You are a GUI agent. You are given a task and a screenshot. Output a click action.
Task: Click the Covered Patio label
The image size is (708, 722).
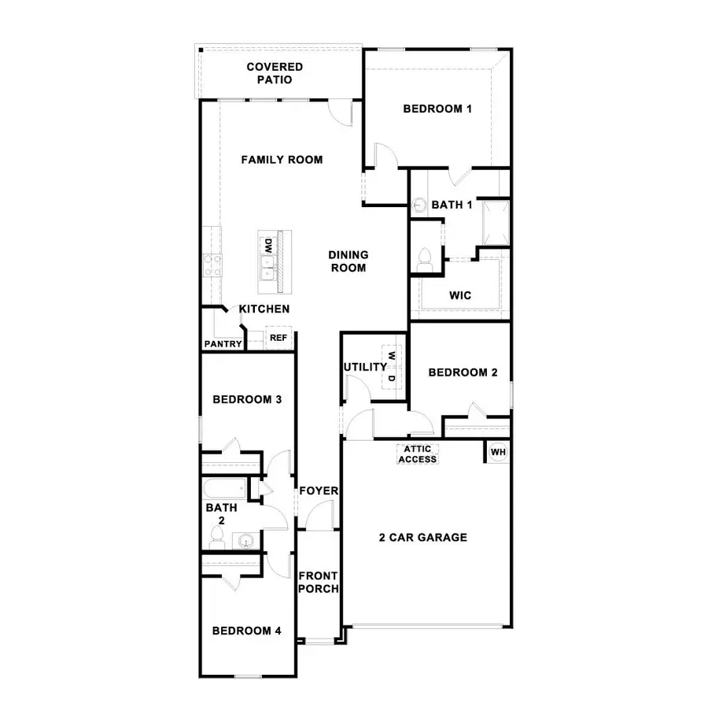pyautogui.click(x=274, y=73)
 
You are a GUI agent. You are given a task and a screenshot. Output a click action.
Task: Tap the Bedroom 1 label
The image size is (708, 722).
pyautogui.click(x=437, y=109)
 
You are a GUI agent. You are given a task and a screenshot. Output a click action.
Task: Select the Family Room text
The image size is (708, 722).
pyautogui.click(x=282, y=160)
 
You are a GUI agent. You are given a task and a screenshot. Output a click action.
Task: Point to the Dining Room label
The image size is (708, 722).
pyautogui.click(x=348, y=261)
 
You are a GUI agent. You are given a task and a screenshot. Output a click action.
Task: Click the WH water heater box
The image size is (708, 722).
pyautogui.click(x=497, y=452)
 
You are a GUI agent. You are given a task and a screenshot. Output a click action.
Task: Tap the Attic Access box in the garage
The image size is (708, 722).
pyautogui.click(x=417, y=454)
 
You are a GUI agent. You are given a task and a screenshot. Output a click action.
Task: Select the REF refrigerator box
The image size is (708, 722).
pyautogui.click(x=278, y=338)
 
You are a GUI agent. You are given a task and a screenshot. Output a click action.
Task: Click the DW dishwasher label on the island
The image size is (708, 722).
pyautogui.click(x=267, y=246)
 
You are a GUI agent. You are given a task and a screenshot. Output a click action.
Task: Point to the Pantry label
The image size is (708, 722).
pyautogui.click(x=223, y=344)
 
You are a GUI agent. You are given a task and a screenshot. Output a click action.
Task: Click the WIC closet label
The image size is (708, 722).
pyautogui.click(x=460, y=295)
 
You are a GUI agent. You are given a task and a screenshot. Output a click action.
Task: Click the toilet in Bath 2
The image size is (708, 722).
pyautogui.click(x=217, y=539)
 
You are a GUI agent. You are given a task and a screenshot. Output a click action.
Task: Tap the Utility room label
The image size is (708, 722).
pyautogui.click(x=365, y=367)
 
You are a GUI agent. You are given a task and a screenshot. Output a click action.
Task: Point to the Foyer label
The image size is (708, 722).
pyautogui.click(x=318, y=491)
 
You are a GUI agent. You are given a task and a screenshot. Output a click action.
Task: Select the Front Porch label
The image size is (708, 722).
pyautogui.click(x=319, y=582)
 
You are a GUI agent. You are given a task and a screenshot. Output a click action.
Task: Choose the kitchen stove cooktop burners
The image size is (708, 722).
pyautogui.click(x=211, y=265)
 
